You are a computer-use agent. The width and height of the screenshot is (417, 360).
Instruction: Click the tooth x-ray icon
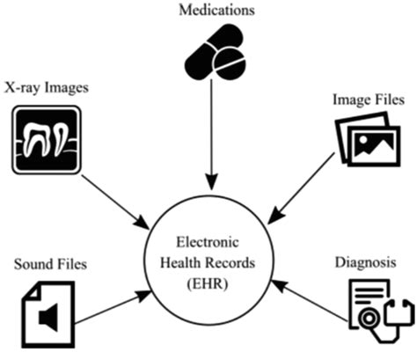pyautogui.click(x=48, y=136)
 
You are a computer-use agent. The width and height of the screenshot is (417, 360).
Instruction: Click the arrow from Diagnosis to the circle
pyautogui.click(x=308, y=301)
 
